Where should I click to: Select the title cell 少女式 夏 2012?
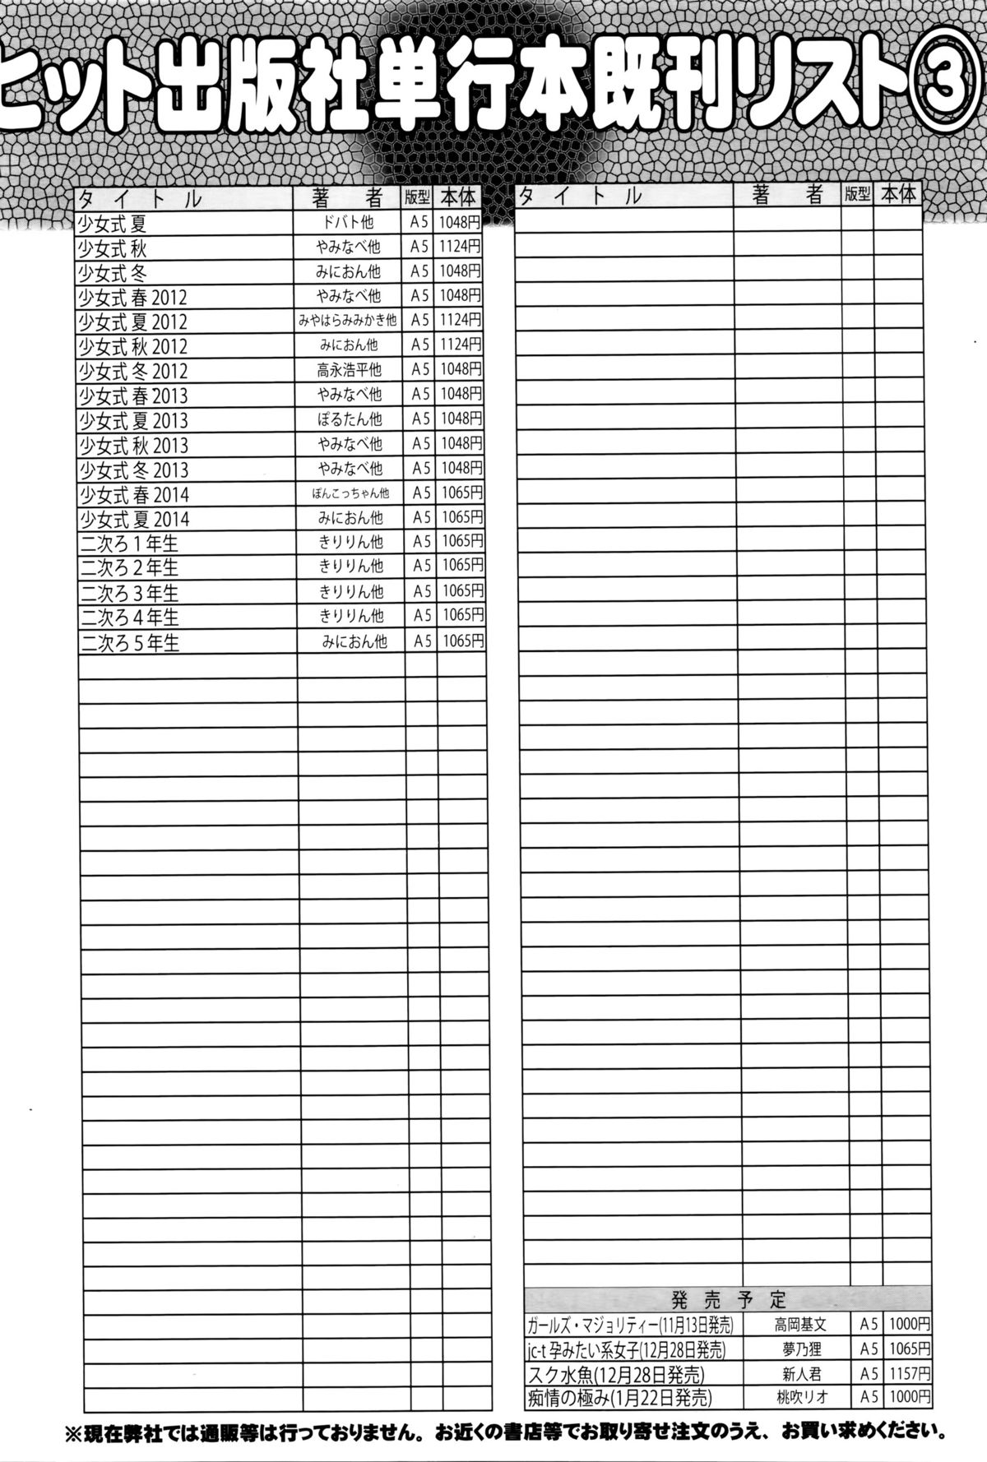(132, 321)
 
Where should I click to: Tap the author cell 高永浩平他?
(349, 369)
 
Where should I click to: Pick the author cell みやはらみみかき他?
(348, 320)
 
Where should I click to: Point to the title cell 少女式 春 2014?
(133, 494)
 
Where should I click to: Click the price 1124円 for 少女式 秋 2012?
(460, 345)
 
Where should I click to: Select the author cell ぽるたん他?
(350, 419)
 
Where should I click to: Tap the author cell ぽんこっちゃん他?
(350, 493)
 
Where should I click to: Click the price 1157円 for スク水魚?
(908, 1373)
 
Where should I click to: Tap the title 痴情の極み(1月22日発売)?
(619, 1397)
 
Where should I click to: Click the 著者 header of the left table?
(348, 198)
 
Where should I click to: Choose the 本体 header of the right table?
(897, 195)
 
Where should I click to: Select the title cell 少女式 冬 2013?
(132, 470)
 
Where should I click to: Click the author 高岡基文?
(799, 1325)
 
